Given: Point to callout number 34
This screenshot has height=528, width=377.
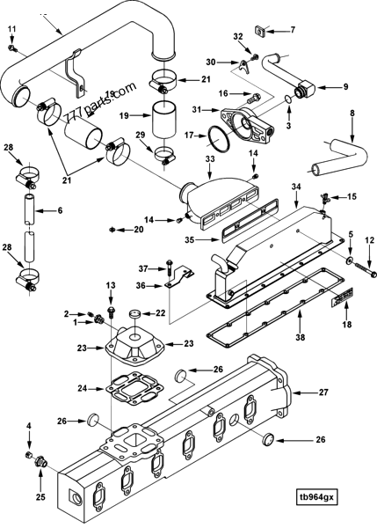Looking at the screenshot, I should click(296, 187).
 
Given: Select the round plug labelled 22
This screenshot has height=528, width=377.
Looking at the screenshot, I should click(134, 314).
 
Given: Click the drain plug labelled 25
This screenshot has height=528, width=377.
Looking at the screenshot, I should click(40, 475).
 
